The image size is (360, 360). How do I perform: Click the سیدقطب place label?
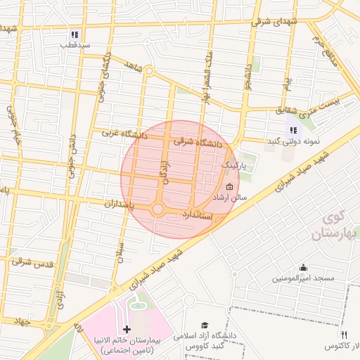click(75, 45)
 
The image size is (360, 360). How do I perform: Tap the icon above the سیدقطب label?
click(75, 34)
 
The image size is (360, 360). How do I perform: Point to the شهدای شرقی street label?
click(278, 21)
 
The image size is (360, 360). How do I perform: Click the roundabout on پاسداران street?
click(157, 209)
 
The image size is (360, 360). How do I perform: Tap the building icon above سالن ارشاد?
click(230, 186)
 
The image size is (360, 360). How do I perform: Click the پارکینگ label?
click(234, 164)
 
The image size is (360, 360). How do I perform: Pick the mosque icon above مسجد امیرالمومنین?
click(303, 267)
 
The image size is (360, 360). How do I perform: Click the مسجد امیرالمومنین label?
click(303, 279)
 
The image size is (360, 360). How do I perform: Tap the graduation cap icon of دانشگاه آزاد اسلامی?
click(205, 325)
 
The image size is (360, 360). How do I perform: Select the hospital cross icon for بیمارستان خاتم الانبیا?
click(127, 329)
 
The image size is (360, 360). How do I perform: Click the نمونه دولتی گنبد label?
click(293, 141)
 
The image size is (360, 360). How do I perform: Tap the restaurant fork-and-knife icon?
click(344, 335)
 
